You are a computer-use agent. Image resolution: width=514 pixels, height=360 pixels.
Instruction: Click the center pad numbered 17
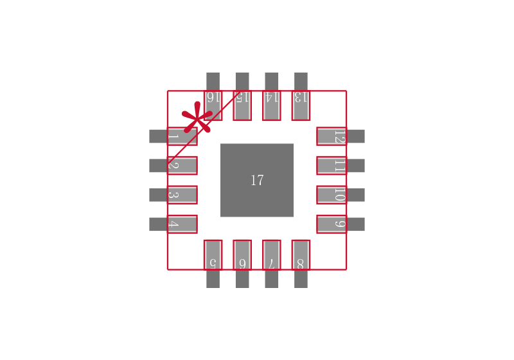point(256,180)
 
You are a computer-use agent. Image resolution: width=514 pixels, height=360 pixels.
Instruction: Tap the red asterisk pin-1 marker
point(197,118)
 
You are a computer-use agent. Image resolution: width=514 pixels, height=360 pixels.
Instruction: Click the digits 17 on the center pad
point(257,181)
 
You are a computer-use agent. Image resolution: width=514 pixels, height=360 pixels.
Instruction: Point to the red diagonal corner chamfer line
point(204,127)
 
